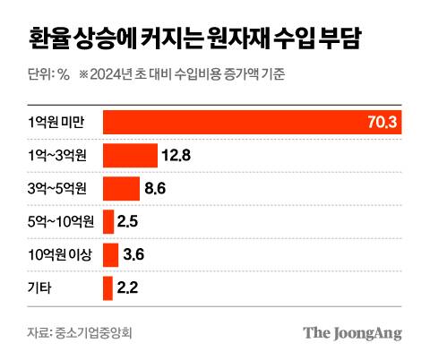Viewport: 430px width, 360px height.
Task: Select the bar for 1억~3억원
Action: click(x=131, y=156)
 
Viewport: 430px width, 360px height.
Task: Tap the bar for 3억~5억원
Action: click(x=122, y=189)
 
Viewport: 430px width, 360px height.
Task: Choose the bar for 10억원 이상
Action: click(x=111, y=255)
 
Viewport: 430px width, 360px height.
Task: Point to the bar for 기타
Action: click(x=107, y=288)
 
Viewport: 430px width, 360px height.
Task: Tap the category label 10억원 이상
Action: click(x=58, y=255)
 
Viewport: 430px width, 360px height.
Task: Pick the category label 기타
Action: click(x=41, y=288)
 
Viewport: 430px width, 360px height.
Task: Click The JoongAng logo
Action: click(x=351, y=334)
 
